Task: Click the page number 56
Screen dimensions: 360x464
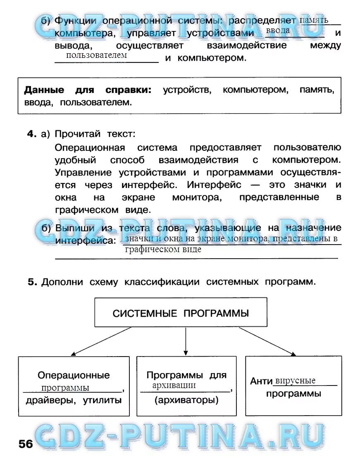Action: click(25, 444)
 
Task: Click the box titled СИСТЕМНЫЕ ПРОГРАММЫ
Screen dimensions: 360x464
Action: click(181, 313)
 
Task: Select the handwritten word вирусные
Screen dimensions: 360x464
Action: click(295, 381)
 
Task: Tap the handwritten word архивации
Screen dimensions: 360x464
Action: click(174, 385)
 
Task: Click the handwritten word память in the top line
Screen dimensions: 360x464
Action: click(314, 20)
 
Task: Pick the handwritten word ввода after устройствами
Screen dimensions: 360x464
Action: click(278, 31)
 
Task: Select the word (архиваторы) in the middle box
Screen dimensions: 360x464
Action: click(186, 400)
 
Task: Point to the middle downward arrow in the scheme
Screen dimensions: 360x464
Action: click(186, 341)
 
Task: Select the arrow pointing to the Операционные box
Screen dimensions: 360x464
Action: click(101, 341)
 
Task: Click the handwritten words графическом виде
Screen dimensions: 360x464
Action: click(163, 250)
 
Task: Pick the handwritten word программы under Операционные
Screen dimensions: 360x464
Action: click(65, 388)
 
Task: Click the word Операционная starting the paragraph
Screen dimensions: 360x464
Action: click(90, 148)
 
